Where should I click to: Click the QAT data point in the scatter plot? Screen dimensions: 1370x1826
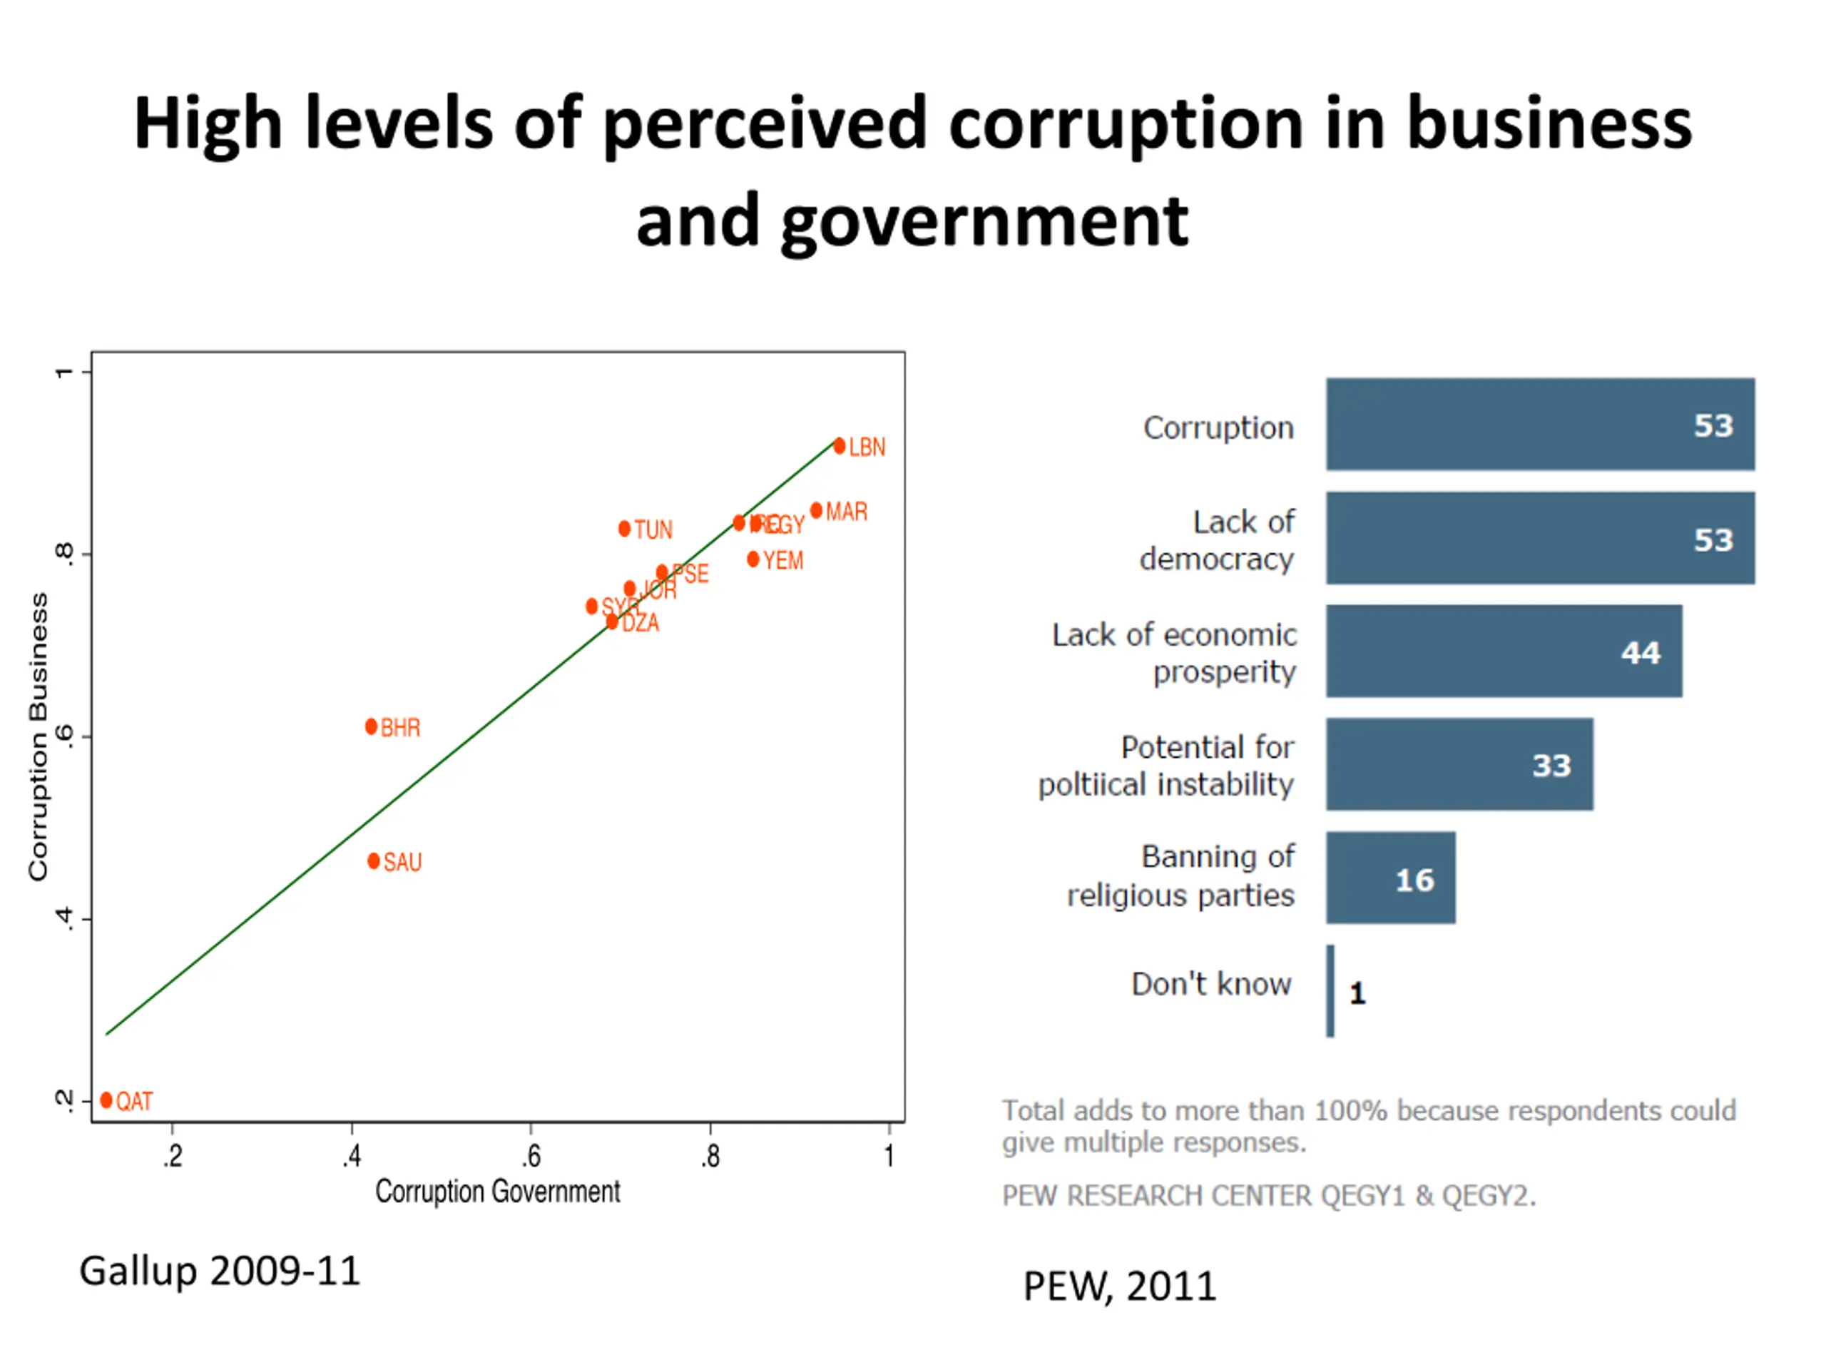point(106,1100)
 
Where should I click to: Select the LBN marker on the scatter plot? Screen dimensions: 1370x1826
point(840,447)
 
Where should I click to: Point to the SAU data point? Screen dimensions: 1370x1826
point(374,861)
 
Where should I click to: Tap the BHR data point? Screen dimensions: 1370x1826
point(372,726)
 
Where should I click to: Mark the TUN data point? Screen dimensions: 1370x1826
point(625,529)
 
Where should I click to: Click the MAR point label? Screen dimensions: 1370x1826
point(846,512)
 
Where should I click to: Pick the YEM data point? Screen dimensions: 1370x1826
point(753,560)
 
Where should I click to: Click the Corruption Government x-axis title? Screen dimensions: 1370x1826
point(498,1192)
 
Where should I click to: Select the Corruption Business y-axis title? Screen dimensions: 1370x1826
point(39,736)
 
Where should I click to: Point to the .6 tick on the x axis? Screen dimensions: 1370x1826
point(532,1156)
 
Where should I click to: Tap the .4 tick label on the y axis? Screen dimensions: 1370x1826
point(64,918)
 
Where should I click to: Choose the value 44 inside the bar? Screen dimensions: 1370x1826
point(1641,653)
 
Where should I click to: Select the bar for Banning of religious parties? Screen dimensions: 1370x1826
point(1390,878)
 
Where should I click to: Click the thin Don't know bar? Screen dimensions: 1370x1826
point(1330,991)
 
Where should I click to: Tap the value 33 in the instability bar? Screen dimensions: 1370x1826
point(1552,766)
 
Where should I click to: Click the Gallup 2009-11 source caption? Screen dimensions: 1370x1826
point(220,1271)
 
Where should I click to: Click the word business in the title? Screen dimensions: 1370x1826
point(1549,124)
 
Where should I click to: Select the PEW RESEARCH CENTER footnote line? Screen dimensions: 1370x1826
point(1269,1196)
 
